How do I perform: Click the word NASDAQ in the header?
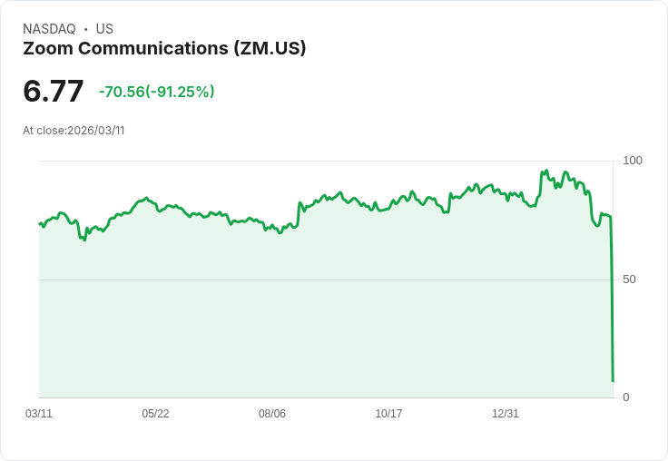coord(49,29)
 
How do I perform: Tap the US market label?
coord(104,29)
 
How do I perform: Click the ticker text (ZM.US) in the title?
coord(270,49)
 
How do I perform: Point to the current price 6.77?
coord(54,92)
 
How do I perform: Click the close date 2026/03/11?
coord(95,131)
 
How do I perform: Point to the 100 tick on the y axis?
coord(633,161)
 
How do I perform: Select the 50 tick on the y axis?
coord(629,280)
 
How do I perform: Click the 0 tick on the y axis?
coord(625,397)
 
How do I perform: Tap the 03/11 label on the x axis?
coord(39,414)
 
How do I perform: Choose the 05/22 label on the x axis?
coord(155,414)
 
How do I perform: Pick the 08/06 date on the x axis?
coord(272,414)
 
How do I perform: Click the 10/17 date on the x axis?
coord(388,414)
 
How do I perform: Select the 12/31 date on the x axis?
coord(506,414)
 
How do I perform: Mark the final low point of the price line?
coord(613,381)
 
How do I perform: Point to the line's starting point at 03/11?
coord(40,223)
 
